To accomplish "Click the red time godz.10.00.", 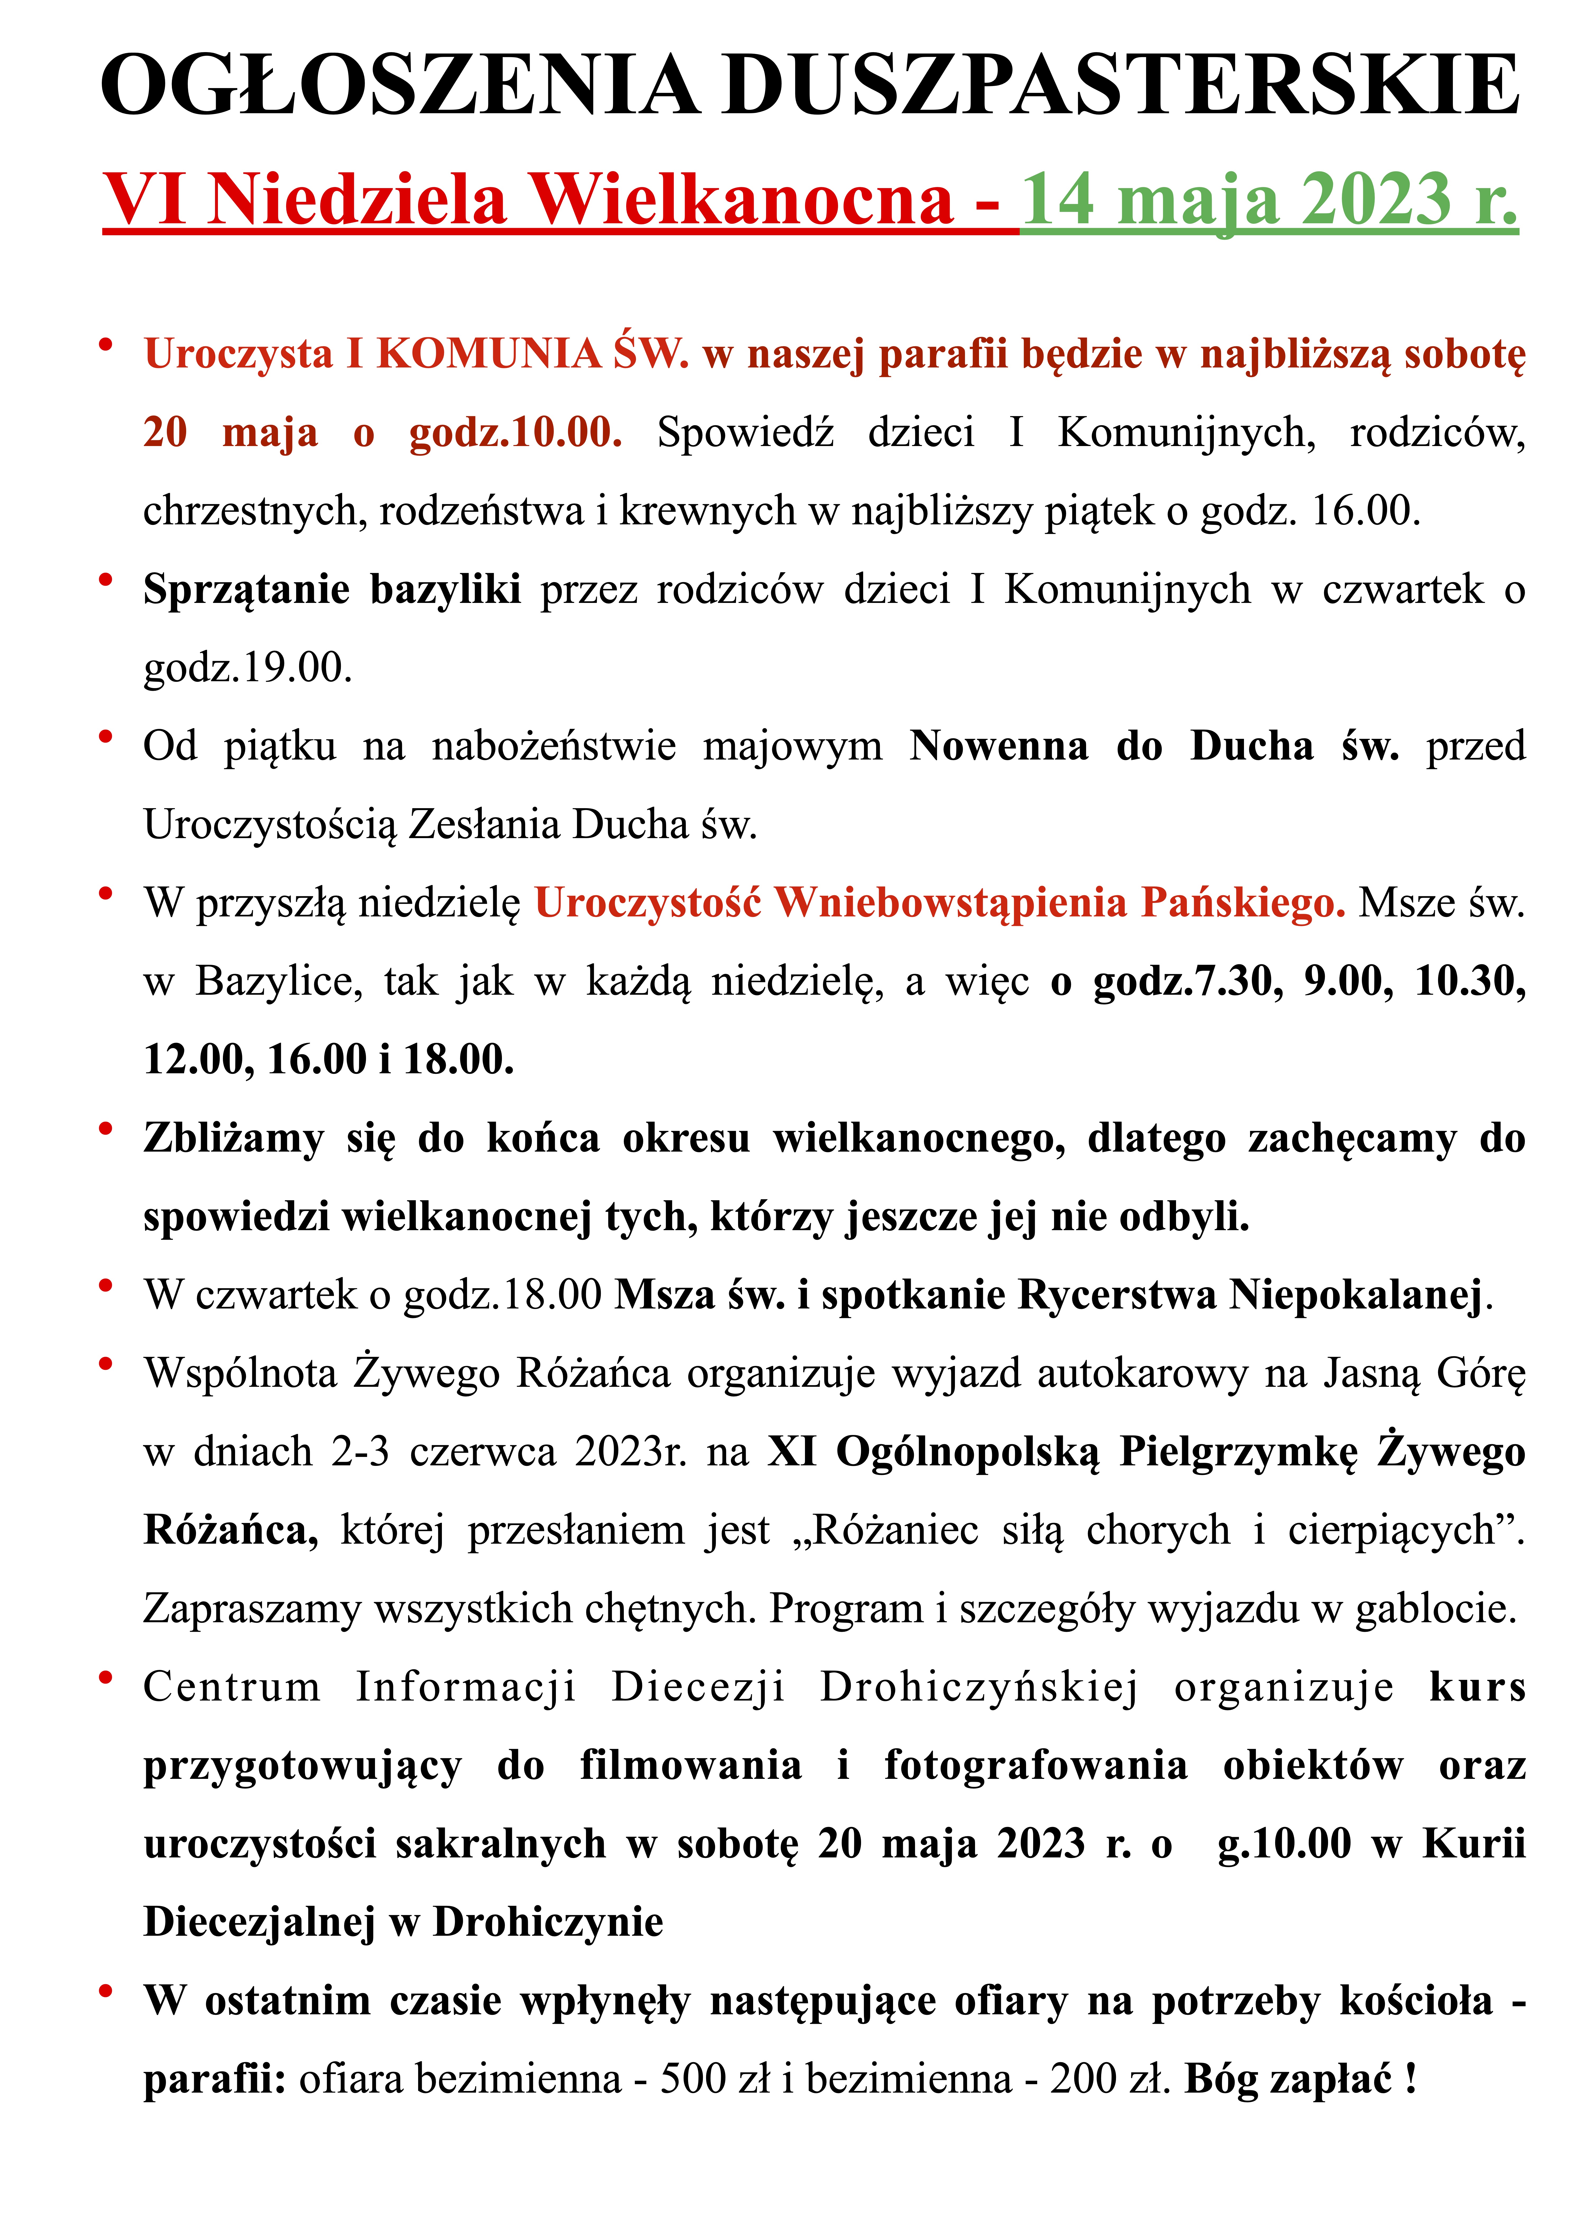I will point(515,433).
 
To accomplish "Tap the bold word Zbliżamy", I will point(234,1139).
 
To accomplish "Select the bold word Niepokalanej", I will point(1356,1295).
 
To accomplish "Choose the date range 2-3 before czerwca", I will point(360,1452).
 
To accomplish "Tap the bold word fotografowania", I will point(1036,1766).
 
